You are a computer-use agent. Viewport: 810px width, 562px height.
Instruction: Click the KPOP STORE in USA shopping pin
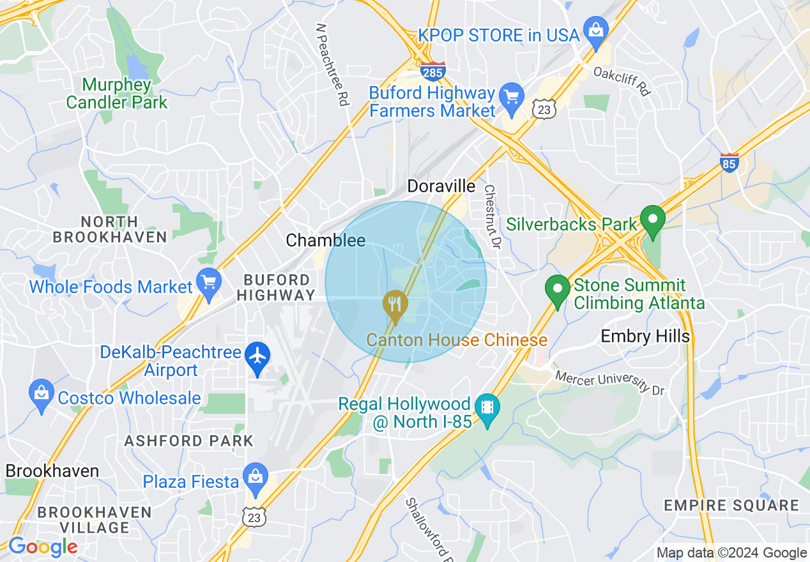[595, 32]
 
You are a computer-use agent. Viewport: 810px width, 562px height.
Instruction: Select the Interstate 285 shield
[432, 71]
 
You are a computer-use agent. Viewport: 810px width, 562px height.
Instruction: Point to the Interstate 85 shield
[729, 162]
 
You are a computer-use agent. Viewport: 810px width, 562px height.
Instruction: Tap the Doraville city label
[441, 186]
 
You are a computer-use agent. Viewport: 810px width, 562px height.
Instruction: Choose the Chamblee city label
[325, 240]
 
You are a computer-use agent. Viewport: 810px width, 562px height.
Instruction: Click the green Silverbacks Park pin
[652, 220]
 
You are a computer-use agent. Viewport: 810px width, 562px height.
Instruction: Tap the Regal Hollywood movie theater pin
[487, 408]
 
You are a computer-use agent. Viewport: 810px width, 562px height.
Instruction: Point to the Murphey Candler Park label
[117, 93]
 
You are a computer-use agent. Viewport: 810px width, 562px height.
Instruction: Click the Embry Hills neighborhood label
[645, 337]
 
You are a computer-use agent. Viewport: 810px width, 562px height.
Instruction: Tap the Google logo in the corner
[42, 547]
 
